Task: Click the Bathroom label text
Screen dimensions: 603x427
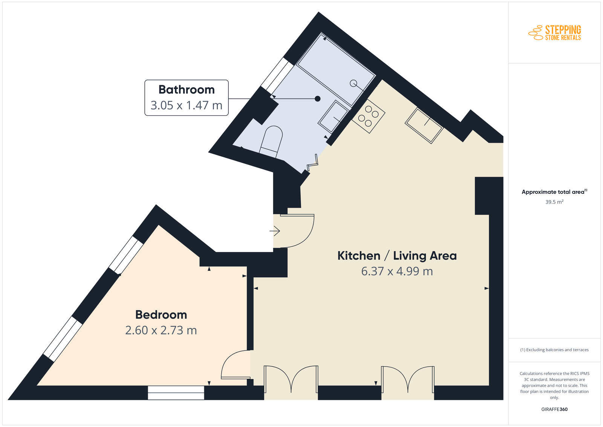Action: [186, 90]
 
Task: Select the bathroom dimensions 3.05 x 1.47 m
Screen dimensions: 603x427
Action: [186, 105]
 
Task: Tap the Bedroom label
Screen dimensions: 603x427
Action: [161, 315]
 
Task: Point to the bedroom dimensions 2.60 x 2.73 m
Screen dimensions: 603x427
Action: [161, 330]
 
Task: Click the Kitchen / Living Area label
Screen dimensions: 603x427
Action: [397, 256]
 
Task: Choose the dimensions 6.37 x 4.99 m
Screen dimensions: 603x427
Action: [397, 271]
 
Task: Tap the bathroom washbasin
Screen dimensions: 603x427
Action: [333, 117]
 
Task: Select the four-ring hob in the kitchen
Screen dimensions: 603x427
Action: [368, 117]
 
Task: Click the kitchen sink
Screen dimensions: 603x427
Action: [424, 126]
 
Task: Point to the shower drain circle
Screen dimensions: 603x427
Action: [353, 83]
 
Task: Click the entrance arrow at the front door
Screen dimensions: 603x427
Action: [275, 231]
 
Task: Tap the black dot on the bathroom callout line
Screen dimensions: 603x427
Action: [318, 99]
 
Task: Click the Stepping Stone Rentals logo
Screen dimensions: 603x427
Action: [554, 33]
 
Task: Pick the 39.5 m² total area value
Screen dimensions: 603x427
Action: [554, 202]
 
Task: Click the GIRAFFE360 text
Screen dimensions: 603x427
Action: [554, 409]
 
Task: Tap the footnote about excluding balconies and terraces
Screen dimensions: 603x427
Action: [554, 350]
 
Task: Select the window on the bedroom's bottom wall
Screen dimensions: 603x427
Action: [176, 393]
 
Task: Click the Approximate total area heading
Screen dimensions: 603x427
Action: [554, 192]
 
